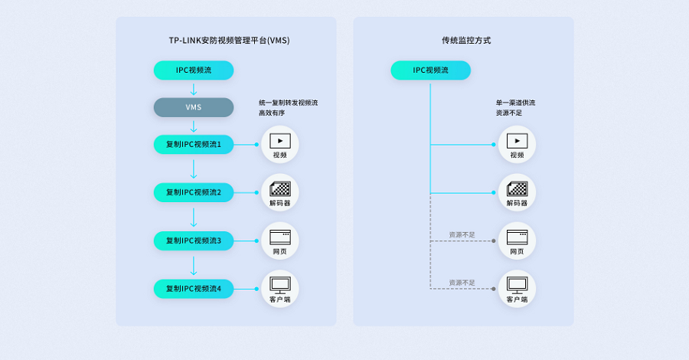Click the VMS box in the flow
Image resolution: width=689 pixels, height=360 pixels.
[193, 107]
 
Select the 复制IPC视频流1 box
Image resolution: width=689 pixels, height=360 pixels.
[193, 144]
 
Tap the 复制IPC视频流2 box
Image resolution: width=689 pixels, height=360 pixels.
[193, 192]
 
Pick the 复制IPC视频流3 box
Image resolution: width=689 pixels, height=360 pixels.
[193, 241]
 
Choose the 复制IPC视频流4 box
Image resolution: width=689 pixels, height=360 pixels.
[193, 289]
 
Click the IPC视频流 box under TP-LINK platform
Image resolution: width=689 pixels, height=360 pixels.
[193, 70]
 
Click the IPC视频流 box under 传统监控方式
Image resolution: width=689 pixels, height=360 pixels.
[430, 70]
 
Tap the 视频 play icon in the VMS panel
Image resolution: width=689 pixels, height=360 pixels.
[279, 141]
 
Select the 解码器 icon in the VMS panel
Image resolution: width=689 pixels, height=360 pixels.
[279, 188]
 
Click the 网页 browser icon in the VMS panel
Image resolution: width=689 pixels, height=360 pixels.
[279, 237]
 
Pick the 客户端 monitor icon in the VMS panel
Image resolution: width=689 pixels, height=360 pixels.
[279, 284]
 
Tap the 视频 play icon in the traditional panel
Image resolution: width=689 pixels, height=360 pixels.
[517, 141]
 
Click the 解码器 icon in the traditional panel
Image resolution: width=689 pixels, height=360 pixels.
[517, 188]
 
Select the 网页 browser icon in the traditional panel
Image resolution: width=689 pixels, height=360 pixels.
[517, 237]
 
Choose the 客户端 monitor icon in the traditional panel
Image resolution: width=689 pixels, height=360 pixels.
[517, 284]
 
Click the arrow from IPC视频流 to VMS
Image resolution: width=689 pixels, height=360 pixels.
[193, 89]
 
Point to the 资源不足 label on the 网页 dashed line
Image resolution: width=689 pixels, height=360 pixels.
[462, 234]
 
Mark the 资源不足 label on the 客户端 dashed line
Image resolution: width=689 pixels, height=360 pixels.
[462, 283]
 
